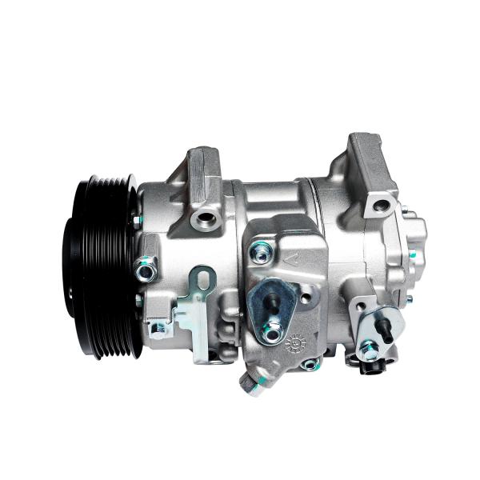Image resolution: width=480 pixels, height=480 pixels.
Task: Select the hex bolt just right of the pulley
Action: coord(146,271)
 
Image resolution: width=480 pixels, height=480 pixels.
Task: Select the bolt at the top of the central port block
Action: coord(261,253)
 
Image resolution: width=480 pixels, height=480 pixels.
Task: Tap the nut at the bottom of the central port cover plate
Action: coord(273,330)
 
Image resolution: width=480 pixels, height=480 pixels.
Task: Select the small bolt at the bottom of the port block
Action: coord(310,365)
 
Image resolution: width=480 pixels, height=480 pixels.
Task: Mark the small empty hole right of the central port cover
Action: coord(306,298)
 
